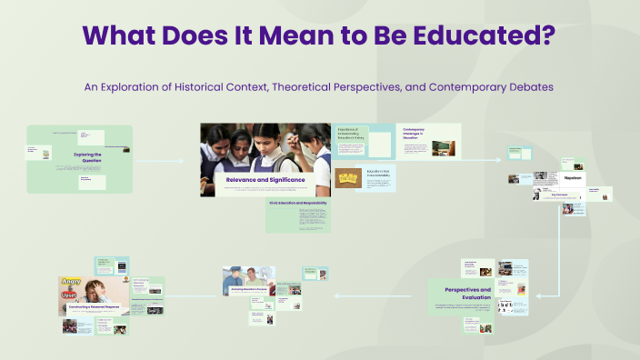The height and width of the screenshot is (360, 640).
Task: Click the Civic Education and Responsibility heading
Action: coord(297,203)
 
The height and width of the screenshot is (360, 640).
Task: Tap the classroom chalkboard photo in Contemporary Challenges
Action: coord(441,145)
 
